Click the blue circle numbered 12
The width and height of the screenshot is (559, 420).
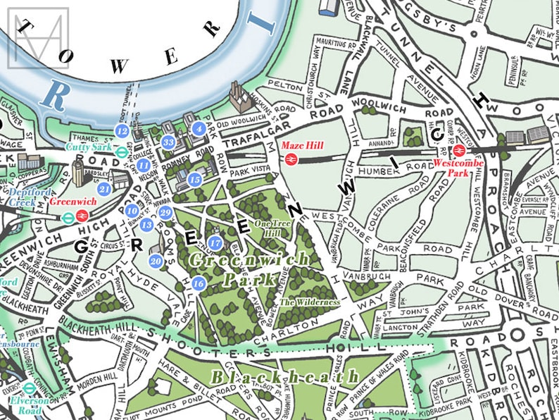[x=122, y=130]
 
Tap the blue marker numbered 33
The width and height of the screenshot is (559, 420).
[x=168, y=142]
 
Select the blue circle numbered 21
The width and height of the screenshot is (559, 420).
[x=105, y=189]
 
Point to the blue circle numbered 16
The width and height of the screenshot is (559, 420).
[x=199, y=283]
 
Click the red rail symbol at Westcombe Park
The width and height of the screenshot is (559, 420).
[x=458, y=149]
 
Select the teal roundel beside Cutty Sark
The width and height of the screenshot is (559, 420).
[x=121, y=149]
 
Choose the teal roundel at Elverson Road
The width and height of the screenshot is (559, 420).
[x=30, y=388]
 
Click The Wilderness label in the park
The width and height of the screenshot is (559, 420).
[x=310, y=302]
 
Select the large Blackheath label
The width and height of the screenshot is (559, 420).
[x=286, y=377]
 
